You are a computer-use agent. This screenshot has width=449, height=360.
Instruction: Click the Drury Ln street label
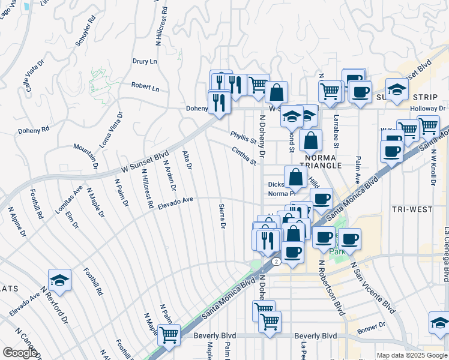point(145,61)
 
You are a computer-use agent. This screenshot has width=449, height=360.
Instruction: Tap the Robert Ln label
point(145,87)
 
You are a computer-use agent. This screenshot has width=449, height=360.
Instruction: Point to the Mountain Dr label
point(86,156)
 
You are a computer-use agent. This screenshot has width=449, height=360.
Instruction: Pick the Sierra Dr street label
point(221,216)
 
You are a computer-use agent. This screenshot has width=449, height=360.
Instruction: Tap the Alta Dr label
point(186,160)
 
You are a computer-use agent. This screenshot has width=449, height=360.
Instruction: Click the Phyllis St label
point(243,139)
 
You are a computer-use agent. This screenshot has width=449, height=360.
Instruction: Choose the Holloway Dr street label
point(430,109)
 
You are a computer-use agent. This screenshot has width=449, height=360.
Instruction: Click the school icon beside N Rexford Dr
point(59,281)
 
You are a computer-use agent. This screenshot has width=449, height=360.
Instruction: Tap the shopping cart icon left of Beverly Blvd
point(169,335)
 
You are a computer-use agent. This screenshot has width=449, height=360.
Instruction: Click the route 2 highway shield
point(275,262)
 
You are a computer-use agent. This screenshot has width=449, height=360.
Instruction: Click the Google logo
point(19,353)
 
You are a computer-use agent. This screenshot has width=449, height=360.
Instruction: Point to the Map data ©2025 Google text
point(412,355)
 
